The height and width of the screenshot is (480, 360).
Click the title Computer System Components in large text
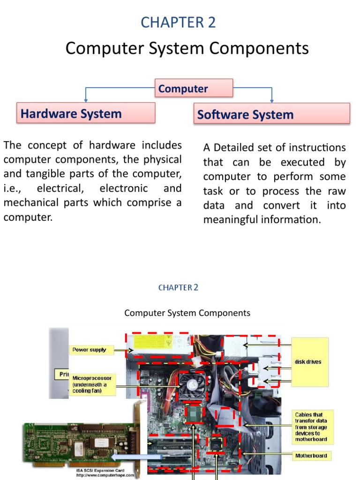coord(187,48)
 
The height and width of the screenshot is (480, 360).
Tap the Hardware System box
coord(86,113)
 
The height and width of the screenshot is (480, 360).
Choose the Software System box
coord(271,115)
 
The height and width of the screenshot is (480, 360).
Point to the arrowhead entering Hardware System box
coord(85,100)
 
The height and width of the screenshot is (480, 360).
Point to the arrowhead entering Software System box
coord(272,100)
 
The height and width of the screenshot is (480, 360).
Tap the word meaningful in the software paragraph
coord(231,220)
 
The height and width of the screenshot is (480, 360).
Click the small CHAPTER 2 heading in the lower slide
coord(178,287)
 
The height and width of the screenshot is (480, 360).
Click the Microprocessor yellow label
coord(92,384)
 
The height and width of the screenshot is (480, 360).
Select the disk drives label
coord(309,361)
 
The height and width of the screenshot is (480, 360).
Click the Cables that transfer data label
coord(313,427)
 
